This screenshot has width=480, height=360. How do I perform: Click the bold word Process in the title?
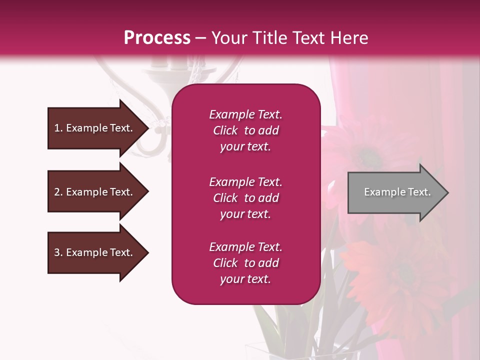(x=157, y=38)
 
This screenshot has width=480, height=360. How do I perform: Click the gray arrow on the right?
(x=395, y=192)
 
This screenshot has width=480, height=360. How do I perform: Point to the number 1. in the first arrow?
(x=58, y=128)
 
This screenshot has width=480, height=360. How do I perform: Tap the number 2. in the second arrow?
(x=58, y=192)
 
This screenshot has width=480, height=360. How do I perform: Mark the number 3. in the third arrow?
(x=58, y=252)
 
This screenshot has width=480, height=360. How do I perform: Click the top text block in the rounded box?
(x=245, y=130)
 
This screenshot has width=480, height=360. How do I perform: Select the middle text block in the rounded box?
(x=245, y=198)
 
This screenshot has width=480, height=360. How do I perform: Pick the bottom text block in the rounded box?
(x=245, y=263)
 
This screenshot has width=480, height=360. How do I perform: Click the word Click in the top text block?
(x=225, y=130)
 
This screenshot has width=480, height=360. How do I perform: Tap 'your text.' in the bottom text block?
(x=245, y=279)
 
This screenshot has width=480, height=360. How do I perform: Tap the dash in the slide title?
(x=201, y=38)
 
